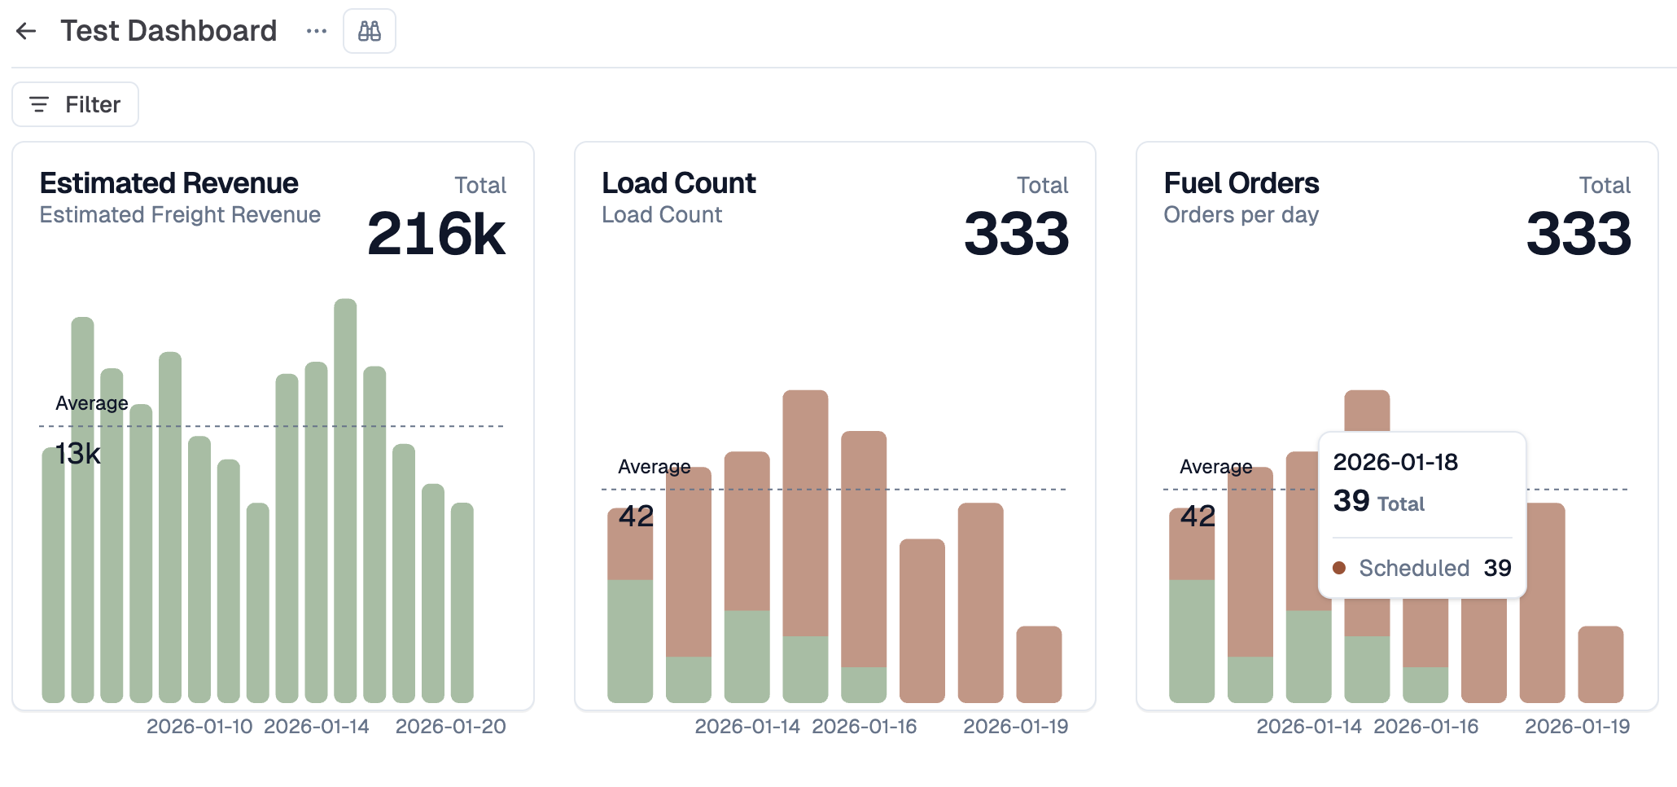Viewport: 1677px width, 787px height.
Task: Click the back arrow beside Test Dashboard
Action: (x=26, y=31)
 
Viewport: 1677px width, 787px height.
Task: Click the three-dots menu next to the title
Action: (x=316, y=31)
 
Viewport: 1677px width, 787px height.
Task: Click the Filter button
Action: (x=75, y=104)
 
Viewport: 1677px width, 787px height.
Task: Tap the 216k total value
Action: (x=436, y=235)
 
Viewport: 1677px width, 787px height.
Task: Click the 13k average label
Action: (x=78, y=454)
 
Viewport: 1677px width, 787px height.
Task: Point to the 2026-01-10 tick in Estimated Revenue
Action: (x=199, y=726)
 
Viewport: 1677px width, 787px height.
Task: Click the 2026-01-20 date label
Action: (x=450, y=726)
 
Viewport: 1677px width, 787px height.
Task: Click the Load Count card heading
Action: (x=678, y=183)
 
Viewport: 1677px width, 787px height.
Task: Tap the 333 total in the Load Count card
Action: (x=1016, y=235)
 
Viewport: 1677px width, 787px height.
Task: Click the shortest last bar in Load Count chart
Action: (x=1039, y=664)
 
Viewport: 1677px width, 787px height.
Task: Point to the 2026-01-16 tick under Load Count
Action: (x=864, y=726)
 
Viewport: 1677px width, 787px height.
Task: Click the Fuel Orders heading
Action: (x=1241, y=183)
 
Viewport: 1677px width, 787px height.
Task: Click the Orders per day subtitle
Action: (x=1241, y=215)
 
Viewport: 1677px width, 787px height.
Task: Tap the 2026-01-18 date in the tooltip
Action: (x=1395, y=462)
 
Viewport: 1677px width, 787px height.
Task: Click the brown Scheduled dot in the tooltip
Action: (x=1339, y=568)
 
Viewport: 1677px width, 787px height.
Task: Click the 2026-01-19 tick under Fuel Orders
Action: (x=1577, y=726)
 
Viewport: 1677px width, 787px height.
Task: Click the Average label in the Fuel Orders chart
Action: (x=1215, y=467)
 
